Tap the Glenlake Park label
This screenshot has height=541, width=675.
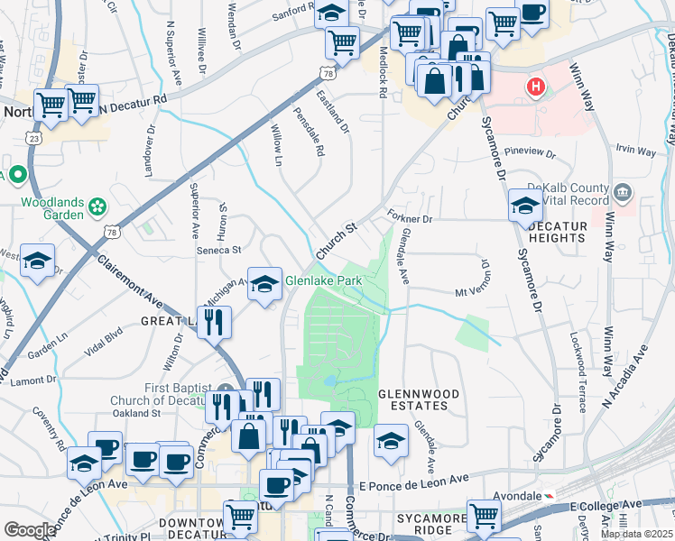323,281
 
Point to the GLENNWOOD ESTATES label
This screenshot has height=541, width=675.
418,400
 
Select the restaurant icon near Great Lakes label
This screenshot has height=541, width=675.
214,322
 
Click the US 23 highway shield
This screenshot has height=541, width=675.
33,139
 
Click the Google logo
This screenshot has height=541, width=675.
30,530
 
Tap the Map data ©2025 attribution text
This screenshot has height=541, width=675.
637,534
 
